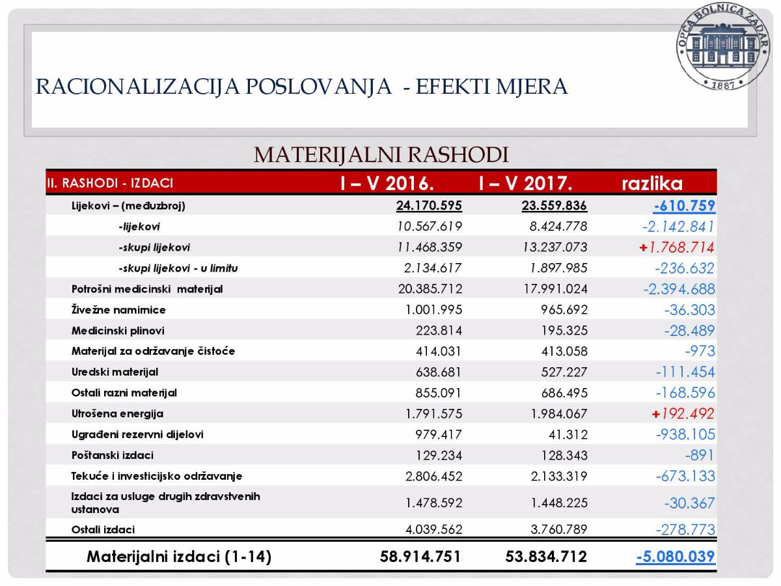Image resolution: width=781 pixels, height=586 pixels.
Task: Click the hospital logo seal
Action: click(722, 48)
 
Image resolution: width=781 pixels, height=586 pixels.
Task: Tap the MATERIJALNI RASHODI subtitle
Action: click(381, 155)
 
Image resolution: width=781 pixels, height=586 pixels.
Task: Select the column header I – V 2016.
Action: click(387, 183)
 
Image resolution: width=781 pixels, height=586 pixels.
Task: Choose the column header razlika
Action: click(652, 183)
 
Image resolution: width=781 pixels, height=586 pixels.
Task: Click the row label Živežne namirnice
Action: click(118, 310)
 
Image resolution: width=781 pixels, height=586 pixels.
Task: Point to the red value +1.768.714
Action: click(677, 247)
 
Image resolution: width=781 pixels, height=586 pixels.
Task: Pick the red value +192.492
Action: click(681, 413)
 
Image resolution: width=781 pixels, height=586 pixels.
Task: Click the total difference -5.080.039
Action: click(676, 557)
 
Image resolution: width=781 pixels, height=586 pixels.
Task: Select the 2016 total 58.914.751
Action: click(420, 557)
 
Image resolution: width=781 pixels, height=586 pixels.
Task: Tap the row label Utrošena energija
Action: click(117, 413)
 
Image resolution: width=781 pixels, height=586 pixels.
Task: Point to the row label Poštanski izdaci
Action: click(113, 455)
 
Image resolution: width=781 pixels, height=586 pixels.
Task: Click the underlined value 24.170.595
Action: click(429, 206)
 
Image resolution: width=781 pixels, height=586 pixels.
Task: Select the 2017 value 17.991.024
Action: click(551, 288)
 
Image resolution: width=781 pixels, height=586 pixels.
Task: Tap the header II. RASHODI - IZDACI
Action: click(110, 184)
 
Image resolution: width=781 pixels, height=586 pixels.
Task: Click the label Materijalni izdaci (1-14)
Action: click(179, 557)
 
